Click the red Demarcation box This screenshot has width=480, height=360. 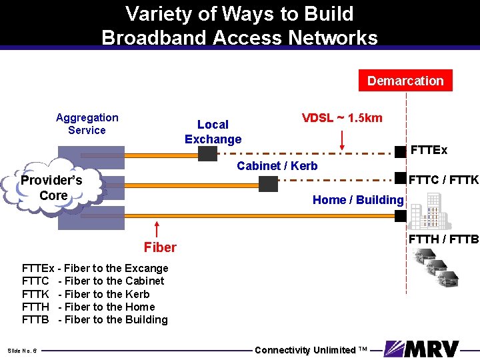pyautogui.click(x=405, y=81)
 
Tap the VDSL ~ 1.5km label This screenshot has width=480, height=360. pyautogui.click(x=342, y=118)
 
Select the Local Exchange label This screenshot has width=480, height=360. pyautogui.click(x=213, y=131)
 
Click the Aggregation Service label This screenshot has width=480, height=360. pyautogui.click(x=87, y=124)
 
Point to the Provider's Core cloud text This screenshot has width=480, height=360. pyautogui.click(x=51, y=188)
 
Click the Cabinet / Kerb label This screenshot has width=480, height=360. pyautogui.click(x=277, y=165)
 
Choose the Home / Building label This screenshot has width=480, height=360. pyautogui.click(x=358, y=199)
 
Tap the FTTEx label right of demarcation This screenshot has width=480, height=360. pyautogui.click(x=429, y=150)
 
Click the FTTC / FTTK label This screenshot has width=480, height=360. pyautogui.click(x=443, y=180)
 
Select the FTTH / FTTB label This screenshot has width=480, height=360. pyautogui.click(x=443, y=239)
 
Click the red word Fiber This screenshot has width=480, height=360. pyautogui.click(x=160, y=247)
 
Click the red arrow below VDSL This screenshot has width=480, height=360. pyautogui.click(x=342, y=140)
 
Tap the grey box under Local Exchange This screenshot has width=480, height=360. pyautogui.click(x=207, y=154)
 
